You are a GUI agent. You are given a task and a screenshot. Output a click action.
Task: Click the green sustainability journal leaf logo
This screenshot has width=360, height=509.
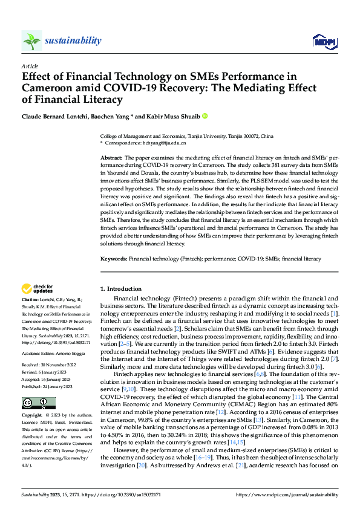(x=31, y=41)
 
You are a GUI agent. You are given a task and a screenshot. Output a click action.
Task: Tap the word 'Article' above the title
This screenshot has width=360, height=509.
(x=29, y=66)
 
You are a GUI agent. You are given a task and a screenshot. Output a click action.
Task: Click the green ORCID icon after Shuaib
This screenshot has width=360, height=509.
(x=205, y=115)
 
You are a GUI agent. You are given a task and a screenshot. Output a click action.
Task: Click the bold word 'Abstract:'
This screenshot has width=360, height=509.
(x=113, y=157)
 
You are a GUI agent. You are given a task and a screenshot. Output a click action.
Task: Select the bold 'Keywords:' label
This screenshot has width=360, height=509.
(x=114, y=258)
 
